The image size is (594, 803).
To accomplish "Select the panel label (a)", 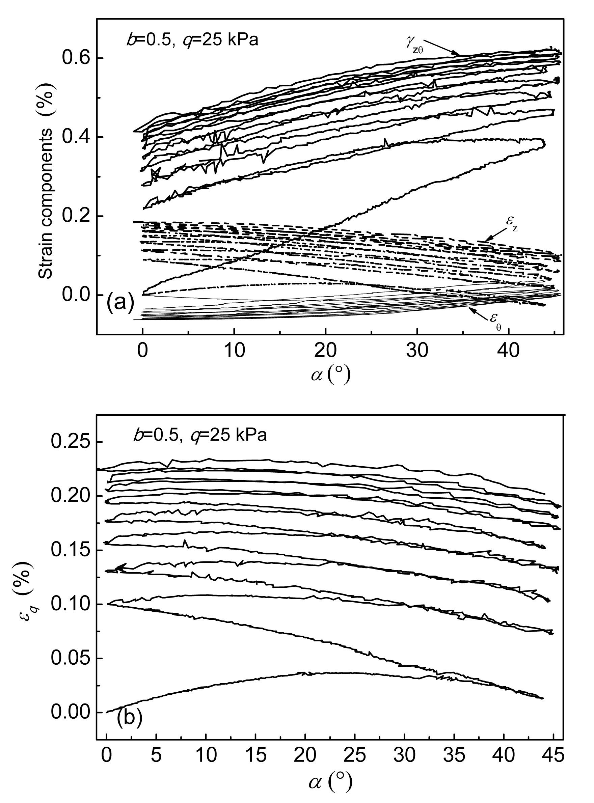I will point(120,302).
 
